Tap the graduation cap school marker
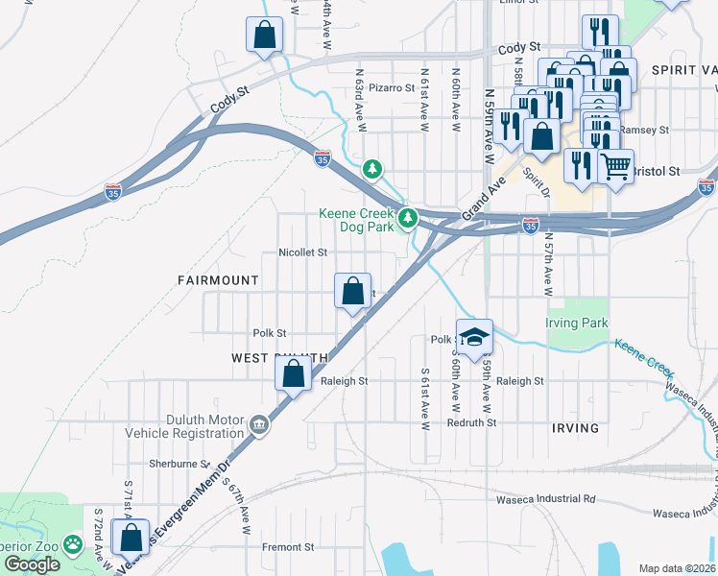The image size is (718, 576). [473, 338]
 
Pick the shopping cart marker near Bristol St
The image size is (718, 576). [615, 166]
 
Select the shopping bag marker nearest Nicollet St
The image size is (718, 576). [353, 292]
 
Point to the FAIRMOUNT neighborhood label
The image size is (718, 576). [218, 280]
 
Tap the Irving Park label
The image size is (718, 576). [577, 324]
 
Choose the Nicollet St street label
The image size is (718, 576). [302, 252]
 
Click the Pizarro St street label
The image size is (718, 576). [391, 87]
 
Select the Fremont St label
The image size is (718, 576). [292, 547]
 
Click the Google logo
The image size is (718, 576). [32, 564]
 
